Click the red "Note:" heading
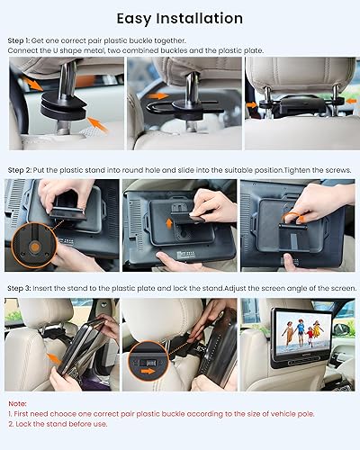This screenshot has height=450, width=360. tap(16, 404)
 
